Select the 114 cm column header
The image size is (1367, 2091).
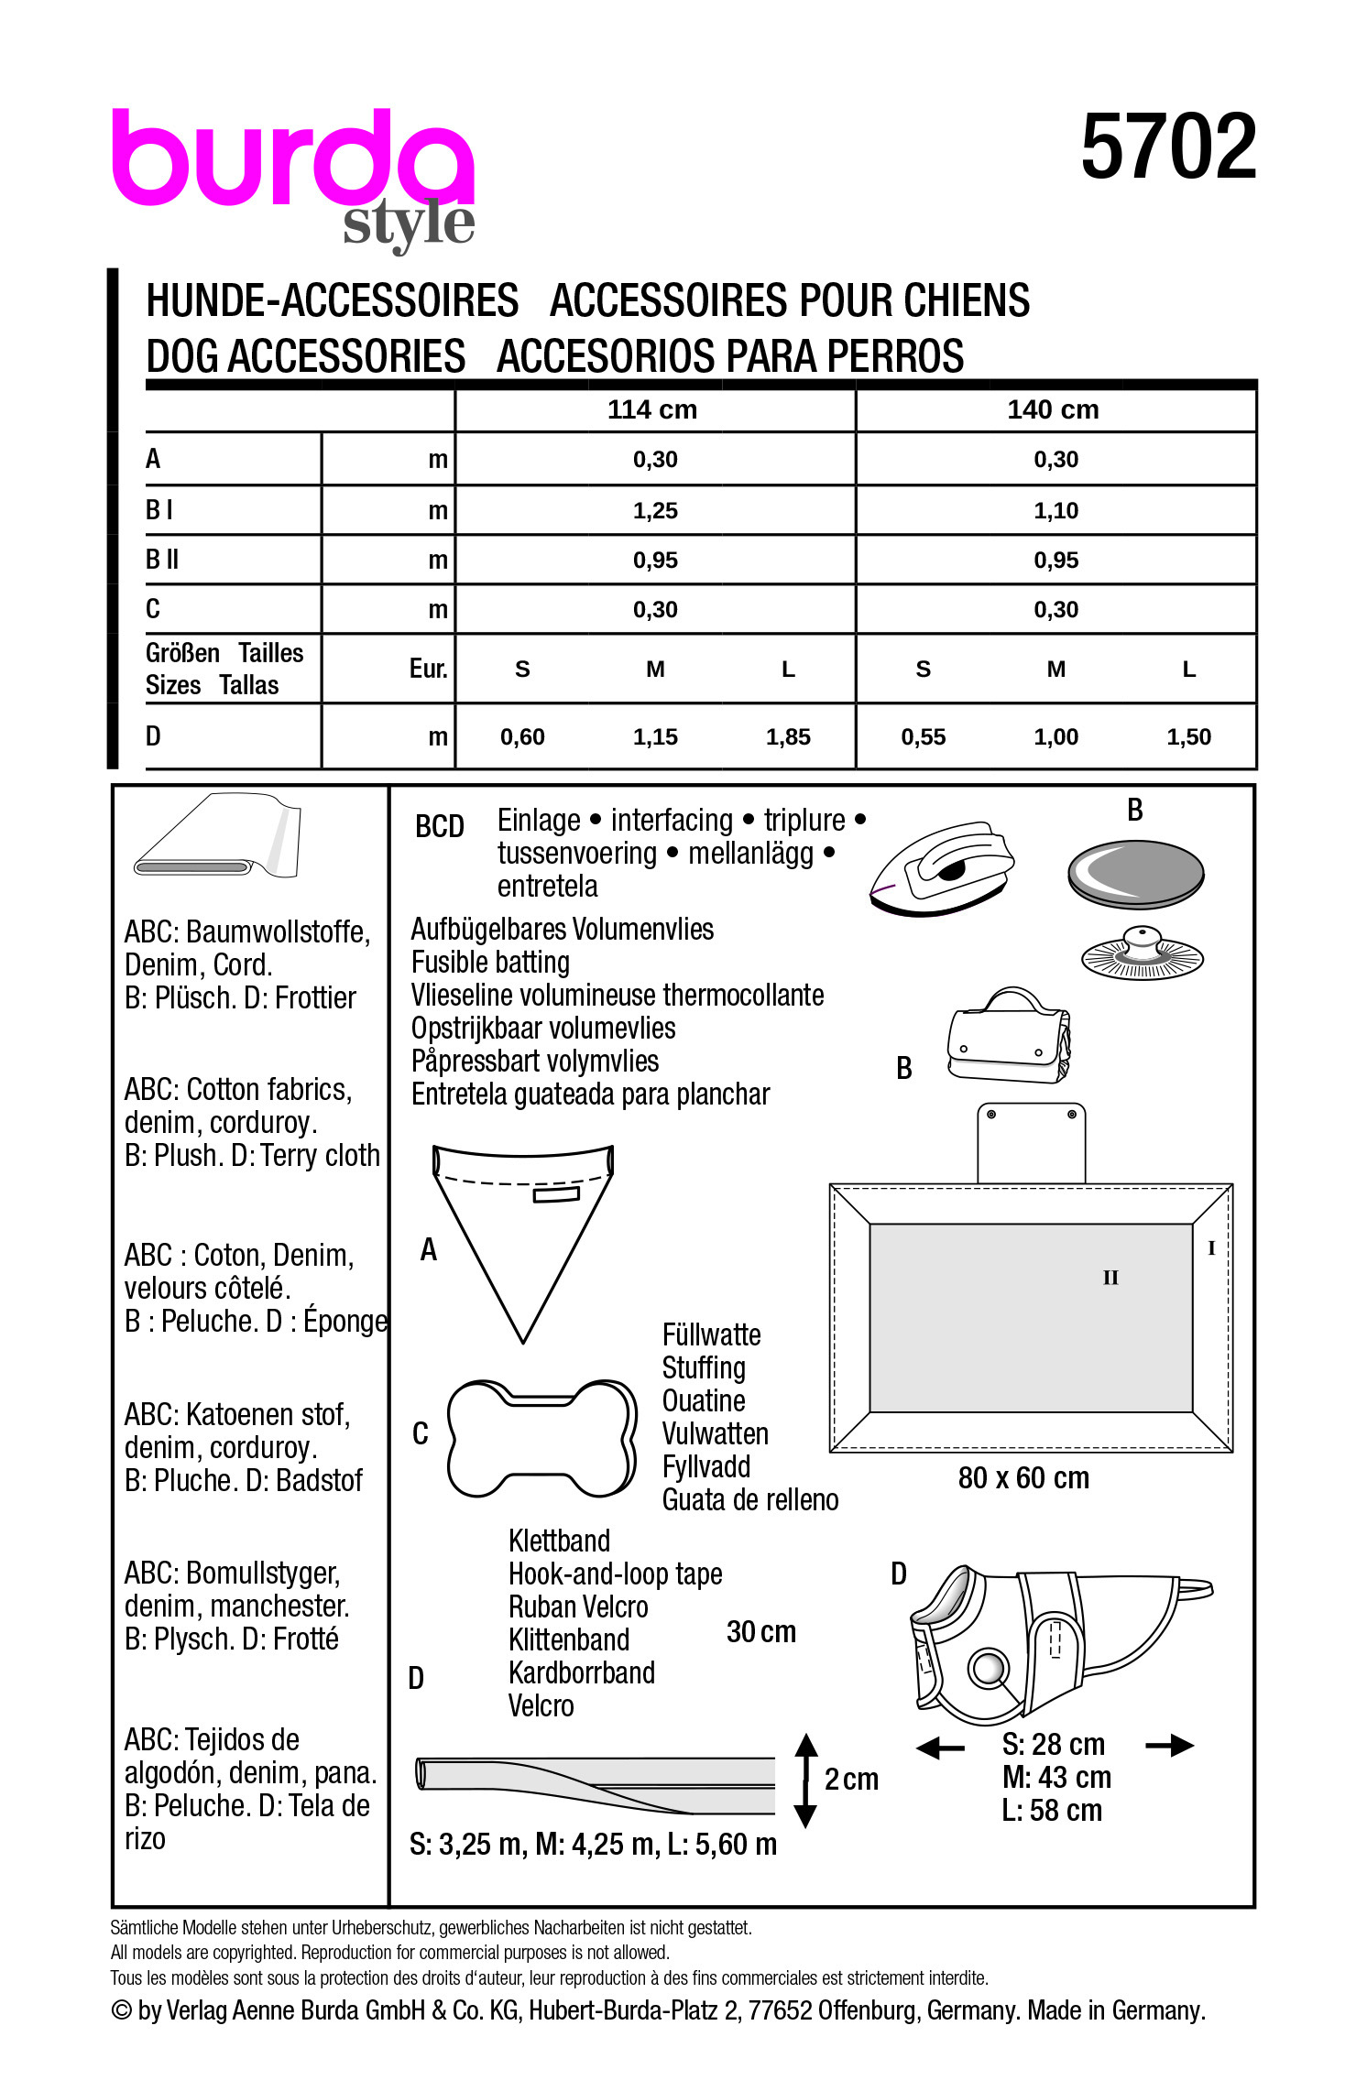[652, 409]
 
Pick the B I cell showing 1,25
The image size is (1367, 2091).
[655, 511]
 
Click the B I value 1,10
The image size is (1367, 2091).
[1055, 511]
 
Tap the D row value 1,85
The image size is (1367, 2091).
[788, 736]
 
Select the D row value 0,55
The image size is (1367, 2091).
[923, 736]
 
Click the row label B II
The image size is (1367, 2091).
[162, 560]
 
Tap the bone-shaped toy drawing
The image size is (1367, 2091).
[541, 1438]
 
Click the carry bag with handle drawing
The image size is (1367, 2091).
[1008, 1038]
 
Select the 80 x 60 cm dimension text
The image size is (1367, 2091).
[1023, 1478]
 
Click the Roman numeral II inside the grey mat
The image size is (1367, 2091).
[1110, 1278]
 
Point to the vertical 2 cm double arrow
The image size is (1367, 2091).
[805, 1781]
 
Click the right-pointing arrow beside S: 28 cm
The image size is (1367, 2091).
[1170, 1746]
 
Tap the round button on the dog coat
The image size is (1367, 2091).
[989, 1668]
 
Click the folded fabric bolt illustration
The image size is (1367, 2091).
[218, 837]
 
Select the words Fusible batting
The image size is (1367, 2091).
[490, 963]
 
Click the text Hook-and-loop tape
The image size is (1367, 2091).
[615, 1574]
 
